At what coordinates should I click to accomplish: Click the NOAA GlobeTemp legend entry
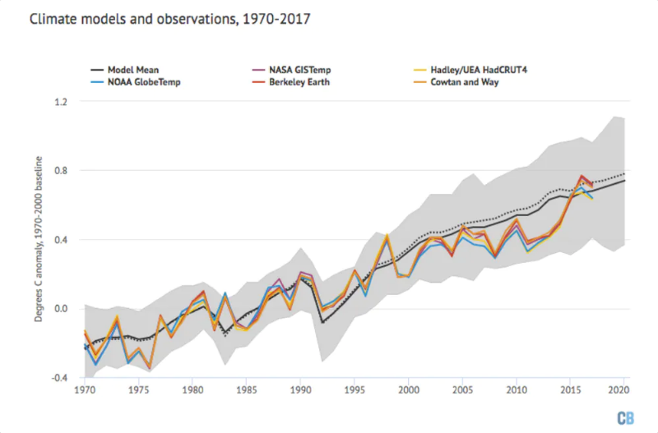(x=136, y=83)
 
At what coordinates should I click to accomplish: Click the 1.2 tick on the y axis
(x=62, y=101)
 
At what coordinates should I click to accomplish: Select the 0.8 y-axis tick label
(x=62, y=171)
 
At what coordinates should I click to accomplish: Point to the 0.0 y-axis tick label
(x=62, y=309)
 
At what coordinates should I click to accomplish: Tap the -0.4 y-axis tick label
(x=60, y=378)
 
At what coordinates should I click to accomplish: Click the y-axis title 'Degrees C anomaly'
(x=39, y=238)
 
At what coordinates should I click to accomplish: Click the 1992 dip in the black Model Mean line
(x=322, y=322)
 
